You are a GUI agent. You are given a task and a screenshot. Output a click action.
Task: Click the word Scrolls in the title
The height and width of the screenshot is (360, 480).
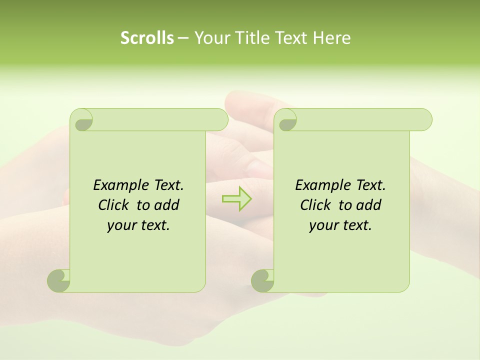147,38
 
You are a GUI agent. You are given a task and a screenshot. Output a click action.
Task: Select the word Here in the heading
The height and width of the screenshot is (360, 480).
332,38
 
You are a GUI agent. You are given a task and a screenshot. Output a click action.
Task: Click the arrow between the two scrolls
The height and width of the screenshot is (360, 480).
236,198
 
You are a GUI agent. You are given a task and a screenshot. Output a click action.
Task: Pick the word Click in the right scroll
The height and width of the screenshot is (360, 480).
315,205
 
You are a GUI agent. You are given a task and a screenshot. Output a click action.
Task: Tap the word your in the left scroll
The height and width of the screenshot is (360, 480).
120,225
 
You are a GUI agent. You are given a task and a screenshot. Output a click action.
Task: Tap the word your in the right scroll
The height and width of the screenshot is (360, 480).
322,225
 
